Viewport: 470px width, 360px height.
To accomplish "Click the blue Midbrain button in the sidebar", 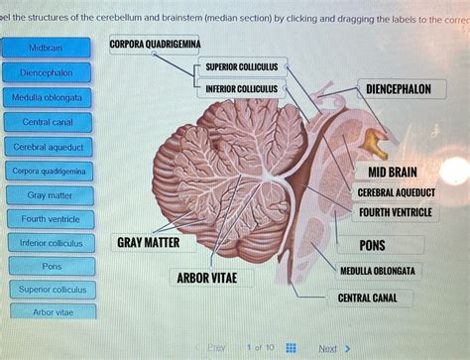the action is click(x=47, y=48).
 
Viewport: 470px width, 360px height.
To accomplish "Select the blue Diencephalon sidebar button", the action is click(x=47, y=72).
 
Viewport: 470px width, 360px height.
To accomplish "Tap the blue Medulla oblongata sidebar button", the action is click(x=47, y=98).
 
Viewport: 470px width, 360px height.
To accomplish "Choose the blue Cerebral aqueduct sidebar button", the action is click(x=48, y=147).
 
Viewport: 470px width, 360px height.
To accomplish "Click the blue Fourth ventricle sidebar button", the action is click(x=49, y=219).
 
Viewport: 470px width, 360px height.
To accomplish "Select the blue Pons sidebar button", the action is click(x=51, y=267).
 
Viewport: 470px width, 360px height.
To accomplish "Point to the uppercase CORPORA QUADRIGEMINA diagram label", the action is click(x=155, y=45).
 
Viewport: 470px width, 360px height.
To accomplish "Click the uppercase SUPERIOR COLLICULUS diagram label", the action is click(x=241, y=66).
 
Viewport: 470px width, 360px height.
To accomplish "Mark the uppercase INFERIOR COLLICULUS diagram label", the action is click(x=241, y=89).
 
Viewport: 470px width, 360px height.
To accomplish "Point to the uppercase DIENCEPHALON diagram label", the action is click(x=398, y=89).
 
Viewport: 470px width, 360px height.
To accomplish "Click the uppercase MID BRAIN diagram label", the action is click(x=392, y=172).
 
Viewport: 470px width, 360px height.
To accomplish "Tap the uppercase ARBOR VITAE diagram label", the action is click(x=206, y=278).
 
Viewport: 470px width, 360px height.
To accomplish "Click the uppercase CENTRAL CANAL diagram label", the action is click(x=368, y=297).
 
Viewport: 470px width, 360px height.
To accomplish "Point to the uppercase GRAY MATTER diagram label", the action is click(x=148, y=242).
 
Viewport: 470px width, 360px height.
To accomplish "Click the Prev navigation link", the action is click(x=216, y=348).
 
